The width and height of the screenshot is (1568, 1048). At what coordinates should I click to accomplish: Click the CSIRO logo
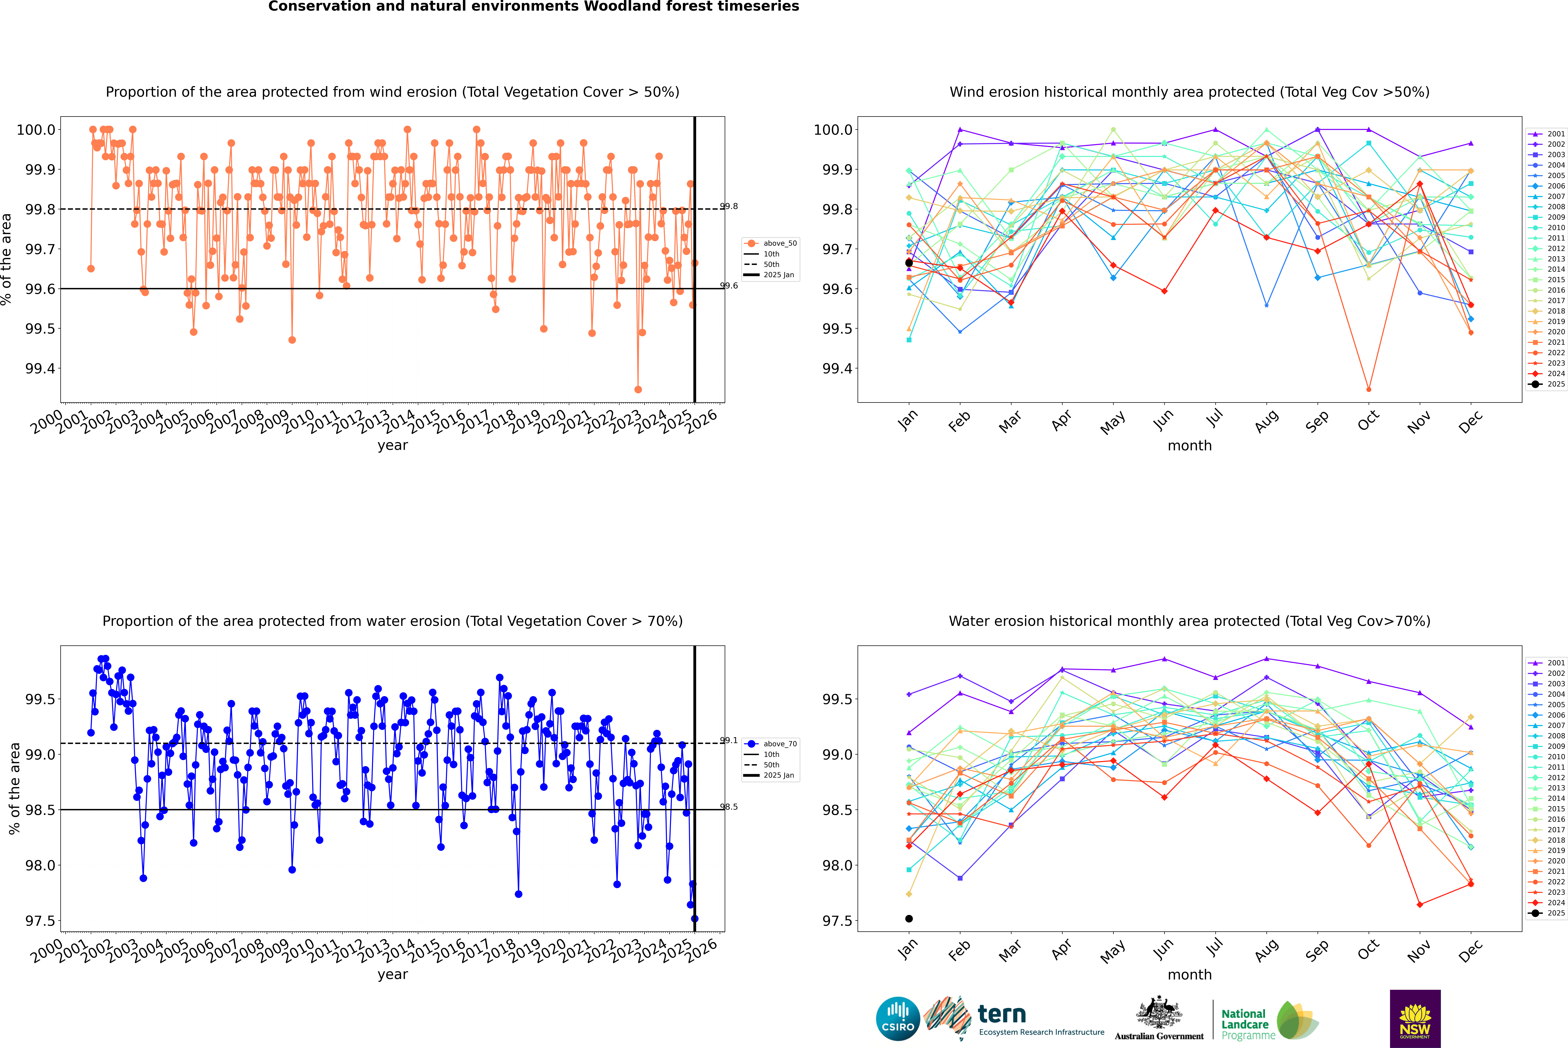click(x=898, y=1019)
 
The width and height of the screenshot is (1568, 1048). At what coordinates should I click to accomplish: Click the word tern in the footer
click(x=1001, y=1014)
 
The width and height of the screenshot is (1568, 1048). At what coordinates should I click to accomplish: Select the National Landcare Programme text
click(x=1245, y=1024)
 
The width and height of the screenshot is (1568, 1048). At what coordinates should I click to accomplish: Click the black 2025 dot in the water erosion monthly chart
click(x=909, y=918)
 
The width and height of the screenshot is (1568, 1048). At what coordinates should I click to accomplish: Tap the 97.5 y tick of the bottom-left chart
click(x=40, y=921)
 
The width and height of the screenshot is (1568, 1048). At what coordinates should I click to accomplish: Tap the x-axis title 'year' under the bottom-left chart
click(x=392, y=975)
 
